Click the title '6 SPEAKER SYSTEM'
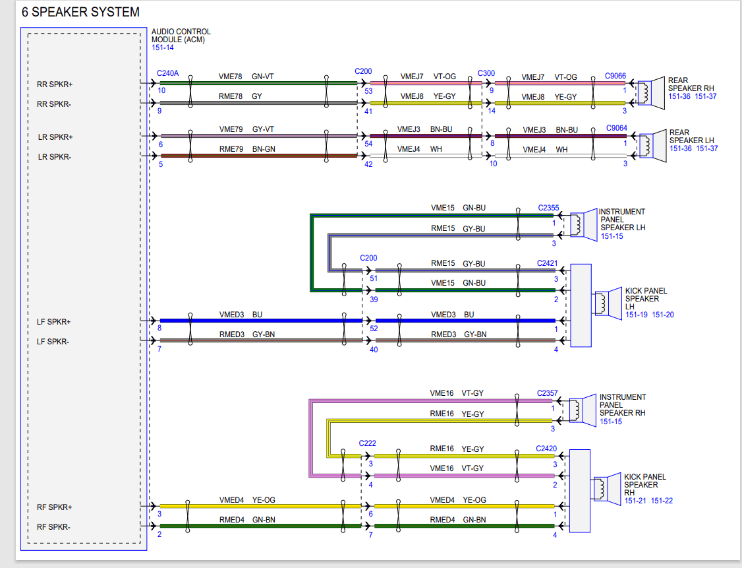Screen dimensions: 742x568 (80, 12)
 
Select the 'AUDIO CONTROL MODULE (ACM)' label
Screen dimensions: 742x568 (181, 36)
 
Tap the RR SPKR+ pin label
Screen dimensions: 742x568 (55, 84)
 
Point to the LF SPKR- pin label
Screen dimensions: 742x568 (53, 342)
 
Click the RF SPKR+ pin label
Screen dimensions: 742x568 (55, 507)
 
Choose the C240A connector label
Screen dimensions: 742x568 (167, 73)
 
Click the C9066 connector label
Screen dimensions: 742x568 (615, 76)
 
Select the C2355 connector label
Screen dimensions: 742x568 (548, 208)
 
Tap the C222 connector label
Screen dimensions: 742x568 (367, 443)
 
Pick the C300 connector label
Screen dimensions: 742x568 (486, 73)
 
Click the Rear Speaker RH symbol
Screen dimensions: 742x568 (650, 93)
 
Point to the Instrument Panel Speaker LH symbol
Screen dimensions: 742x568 (583, 224)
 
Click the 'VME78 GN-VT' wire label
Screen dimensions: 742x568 (246, 77)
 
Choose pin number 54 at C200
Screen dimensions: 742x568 (368, 144)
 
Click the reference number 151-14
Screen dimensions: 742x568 (162, 48)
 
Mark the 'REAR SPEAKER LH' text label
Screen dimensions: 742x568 (691, 137)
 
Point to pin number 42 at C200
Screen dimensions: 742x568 (368, 164)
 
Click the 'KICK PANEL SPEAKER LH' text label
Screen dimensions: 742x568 (646, 298)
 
